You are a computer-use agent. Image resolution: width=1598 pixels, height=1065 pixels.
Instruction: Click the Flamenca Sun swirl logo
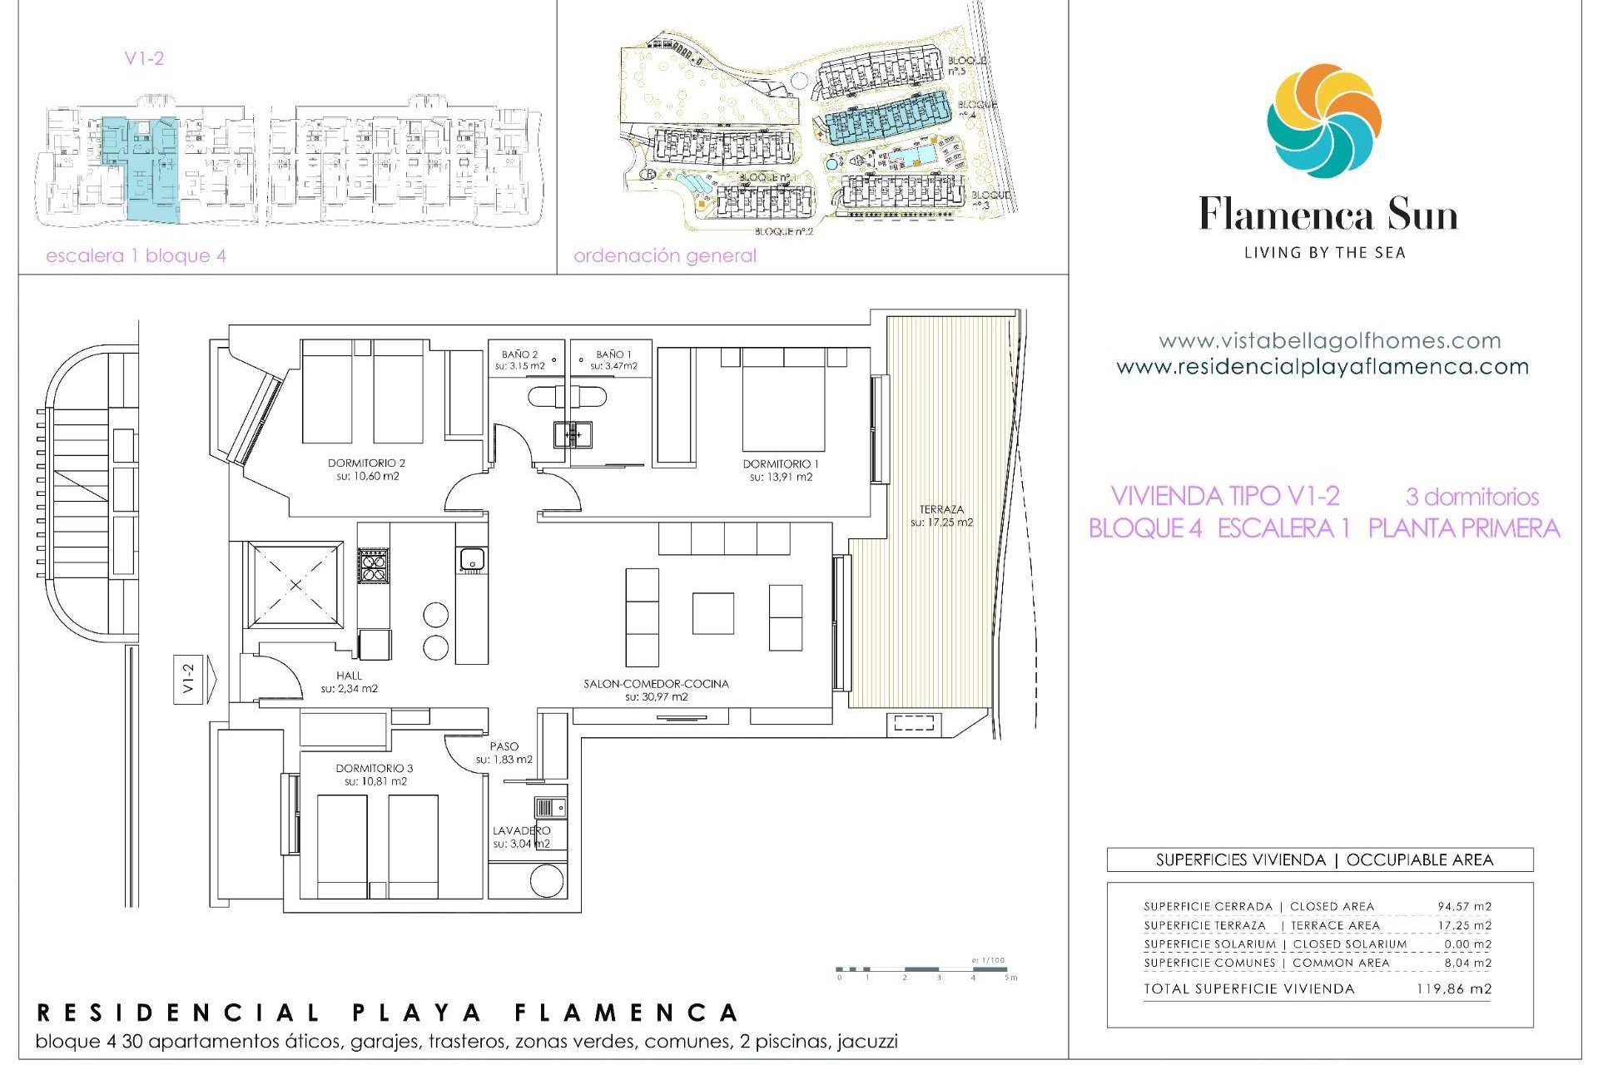coord(1323,121)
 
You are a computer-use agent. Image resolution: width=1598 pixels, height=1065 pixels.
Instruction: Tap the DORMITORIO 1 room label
coord(781,464)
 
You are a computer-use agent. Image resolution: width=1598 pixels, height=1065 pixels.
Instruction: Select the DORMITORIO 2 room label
coord(366,463)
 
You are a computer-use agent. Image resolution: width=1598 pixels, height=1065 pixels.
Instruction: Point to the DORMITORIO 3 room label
coord(375,769)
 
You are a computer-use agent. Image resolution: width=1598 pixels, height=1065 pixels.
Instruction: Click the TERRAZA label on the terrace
coord(941,509)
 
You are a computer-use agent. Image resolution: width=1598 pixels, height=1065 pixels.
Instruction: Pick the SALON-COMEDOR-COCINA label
coord(656,684)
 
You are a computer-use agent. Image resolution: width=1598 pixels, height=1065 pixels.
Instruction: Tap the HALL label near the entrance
coord(349,676)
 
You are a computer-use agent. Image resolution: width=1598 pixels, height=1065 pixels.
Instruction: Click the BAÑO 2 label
coord(519,354)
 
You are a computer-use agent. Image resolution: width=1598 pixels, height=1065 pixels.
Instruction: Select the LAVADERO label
coord(521,830)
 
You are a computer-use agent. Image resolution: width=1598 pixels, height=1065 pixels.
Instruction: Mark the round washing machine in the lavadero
coord(547,881)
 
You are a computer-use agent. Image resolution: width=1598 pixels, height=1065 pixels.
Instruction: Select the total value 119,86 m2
coord(1453,988)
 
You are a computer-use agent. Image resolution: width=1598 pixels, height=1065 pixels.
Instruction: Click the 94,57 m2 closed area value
coord(1464,906)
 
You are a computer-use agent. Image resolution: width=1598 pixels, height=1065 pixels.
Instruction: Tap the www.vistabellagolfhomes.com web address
coord(1329,340)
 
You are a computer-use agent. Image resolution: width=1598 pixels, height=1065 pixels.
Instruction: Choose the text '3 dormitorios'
coord(1472,497)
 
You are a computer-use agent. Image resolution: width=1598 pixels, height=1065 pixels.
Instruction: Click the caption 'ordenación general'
coord(664,255)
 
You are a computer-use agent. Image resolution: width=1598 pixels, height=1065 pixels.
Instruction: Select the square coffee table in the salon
coord(713,613)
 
